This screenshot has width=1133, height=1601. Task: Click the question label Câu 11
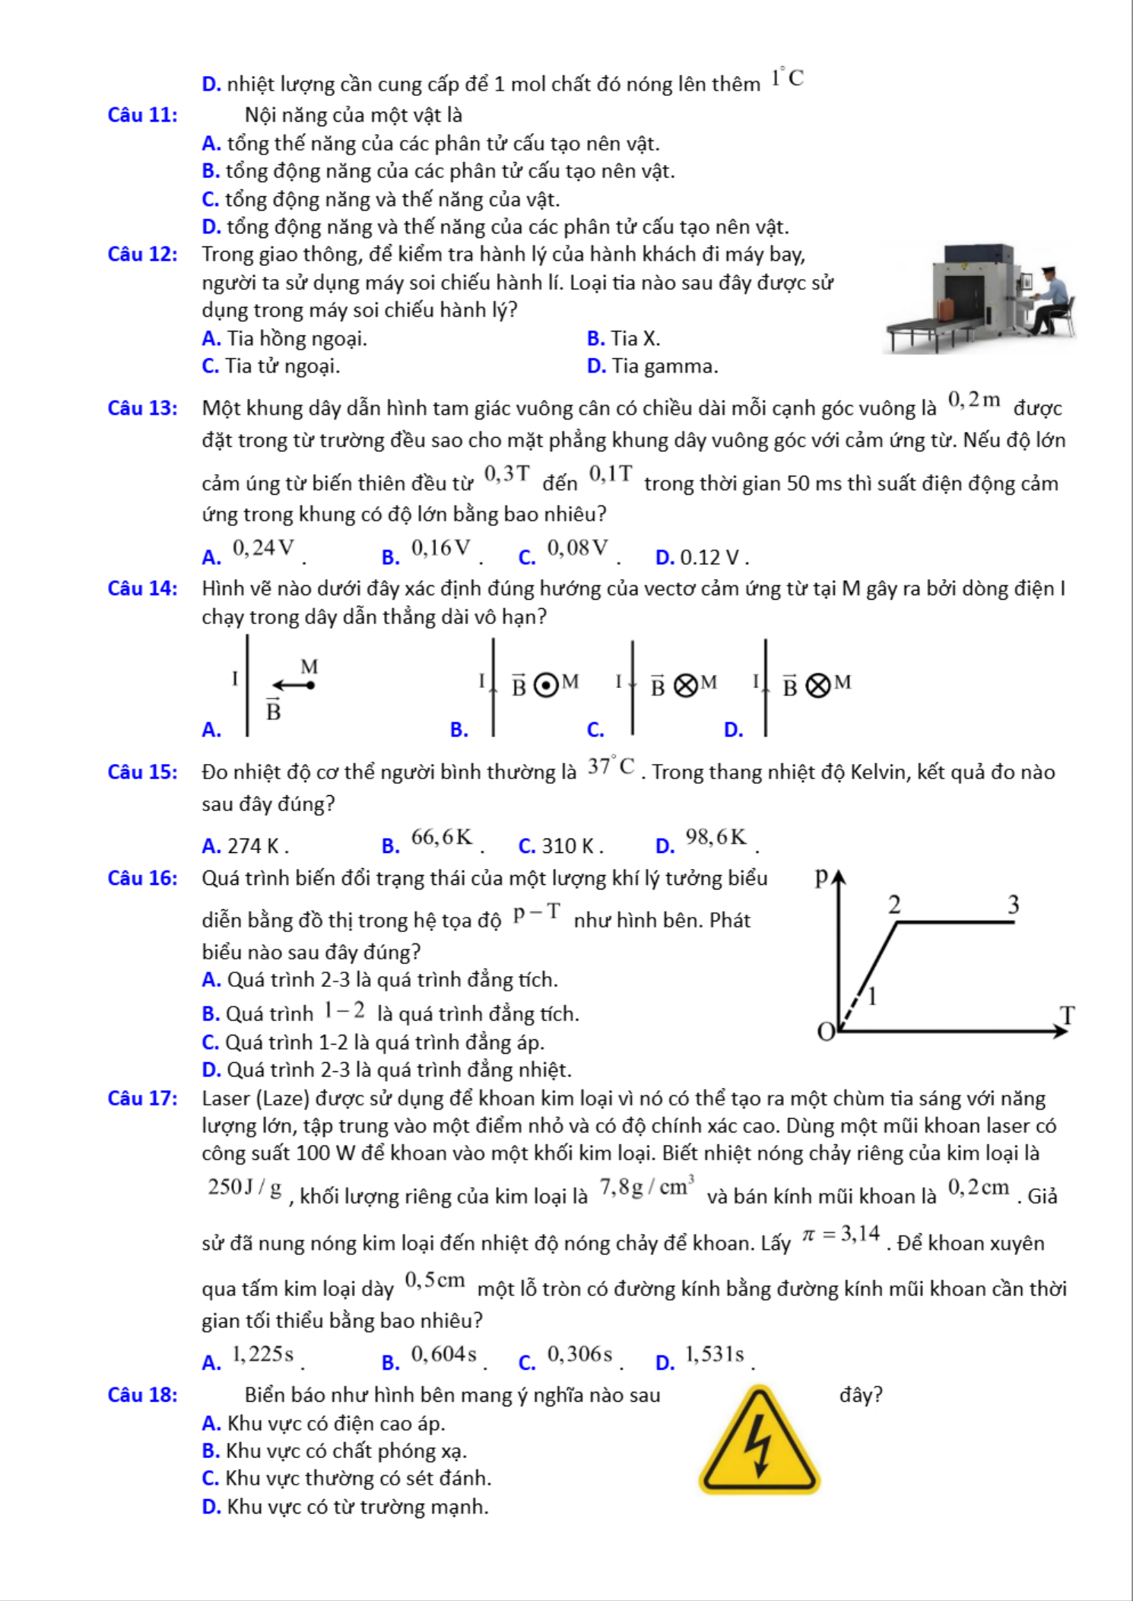point(143,115)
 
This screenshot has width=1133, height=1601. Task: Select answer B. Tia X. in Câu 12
point(624,338)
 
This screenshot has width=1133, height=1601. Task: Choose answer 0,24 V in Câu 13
point(263,548)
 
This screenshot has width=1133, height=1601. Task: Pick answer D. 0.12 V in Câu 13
point(700,557)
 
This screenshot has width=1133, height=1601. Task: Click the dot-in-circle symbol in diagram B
point(544,685)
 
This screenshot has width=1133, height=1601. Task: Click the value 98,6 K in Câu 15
point(716,837)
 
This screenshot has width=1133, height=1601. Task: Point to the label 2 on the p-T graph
point(894,905)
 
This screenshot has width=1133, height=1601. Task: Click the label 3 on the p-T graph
point(1013,905)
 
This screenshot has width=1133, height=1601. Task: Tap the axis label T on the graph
point(1068,1015)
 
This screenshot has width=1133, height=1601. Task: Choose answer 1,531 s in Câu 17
point(714,1354)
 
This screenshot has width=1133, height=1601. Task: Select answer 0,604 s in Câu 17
point(443,1354)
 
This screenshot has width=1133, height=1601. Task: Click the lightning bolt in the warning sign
point(758,1445)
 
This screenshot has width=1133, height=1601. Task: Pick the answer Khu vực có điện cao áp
point(335,1423)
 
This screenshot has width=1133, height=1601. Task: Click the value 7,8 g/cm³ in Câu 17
point(647,1187)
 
